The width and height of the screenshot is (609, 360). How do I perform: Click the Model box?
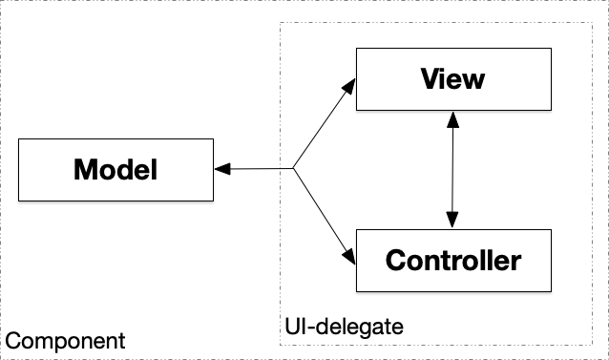(x=115, y=170)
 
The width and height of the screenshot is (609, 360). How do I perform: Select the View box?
(x=452, y=78)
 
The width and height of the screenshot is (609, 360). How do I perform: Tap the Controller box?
(x=452, y=260)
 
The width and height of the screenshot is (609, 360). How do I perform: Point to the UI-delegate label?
(x=344, y=327)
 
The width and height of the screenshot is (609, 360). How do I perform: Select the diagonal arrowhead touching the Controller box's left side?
(x=349, y=255)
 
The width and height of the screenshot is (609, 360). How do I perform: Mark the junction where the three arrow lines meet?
(x=292, y=170)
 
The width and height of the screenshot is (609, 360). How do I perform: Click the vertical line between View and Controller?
(x=452, y=169)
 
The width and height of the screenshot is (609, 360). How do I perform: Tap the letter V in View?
(x=430, y=78)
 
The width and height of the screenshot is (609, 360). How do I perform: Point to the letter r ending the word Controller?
(x=516, y=261)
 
